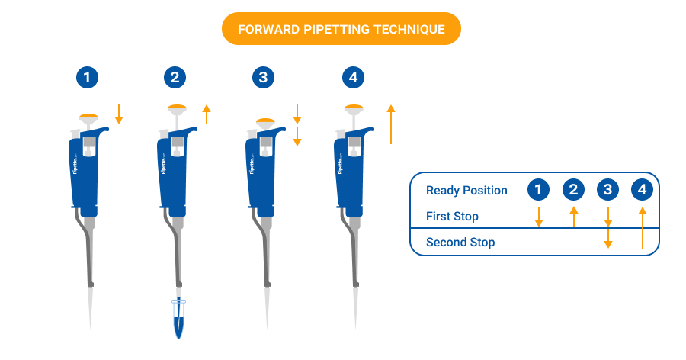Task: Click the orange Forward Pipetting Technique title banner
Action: click(x=341, y=29)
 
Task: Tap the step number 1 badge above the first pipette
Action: click(x=88, y=77)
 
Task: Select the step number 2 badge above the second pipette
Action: click(x=176, y=77)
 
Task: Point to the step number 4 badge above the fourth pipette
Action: click(x=353, y=77)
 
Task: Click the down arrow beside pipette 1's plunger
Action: click(x=118, y=114)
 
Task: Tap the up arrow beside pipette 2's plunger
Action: click(x=206, y=115)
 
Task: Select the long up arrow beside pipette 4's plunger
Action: click(x=390, y=124)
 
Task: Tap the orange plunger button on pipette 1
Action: click(x=88, y=116)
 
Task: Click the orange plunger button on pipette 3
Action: click(x=265, y=120)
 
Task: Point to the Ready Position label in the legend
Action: click(x=466, y=191)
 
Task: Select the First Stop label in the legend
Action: click(x=452, y=217)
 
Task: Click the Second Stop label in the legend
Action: click(x=460, y=243)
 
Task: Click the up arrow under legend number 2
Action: click(x=573, y=216)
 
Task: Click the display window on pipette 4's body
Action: click(x=353, y=143)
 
